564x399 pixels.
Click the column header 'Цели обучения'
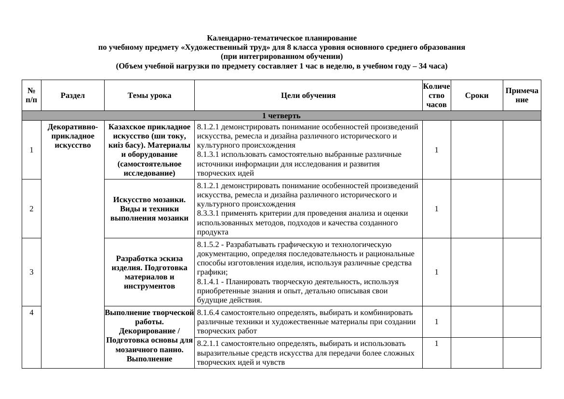[x=308, y=96]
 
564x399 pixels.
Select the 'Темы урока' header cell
[x=149, y=96]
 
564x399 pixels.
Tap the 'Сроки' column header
[x=476, y=96]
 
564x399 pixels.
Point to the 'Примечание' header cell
[x=522, y=96]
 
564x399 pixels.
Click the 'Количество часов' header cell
[x=436, y=96]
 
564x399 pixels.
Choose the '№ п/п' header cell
[x=31, y=96]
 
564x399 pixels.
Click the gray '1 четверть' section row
[x=281, y=116]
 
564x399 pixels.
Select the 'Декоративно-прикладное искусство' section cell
[x=72, y=136]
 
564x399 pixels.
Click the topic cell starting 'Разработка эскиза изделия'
[x=149, y=272]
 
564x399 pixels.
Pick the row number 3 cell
[x=31, y=272]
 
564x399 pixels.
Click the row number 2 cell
[x=31, y=209]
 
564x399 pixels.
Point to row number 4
[x=31, y=313]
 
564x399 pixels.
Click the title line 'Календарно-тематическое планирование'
[x=282, y=38]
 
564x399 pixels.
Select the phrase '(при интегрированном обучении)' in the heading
[x=282, y=56]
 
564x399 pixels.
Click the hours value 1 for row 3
[x=436, y=272]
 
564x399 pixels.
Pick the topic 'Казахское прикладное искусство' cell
[x=149, y=150]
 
